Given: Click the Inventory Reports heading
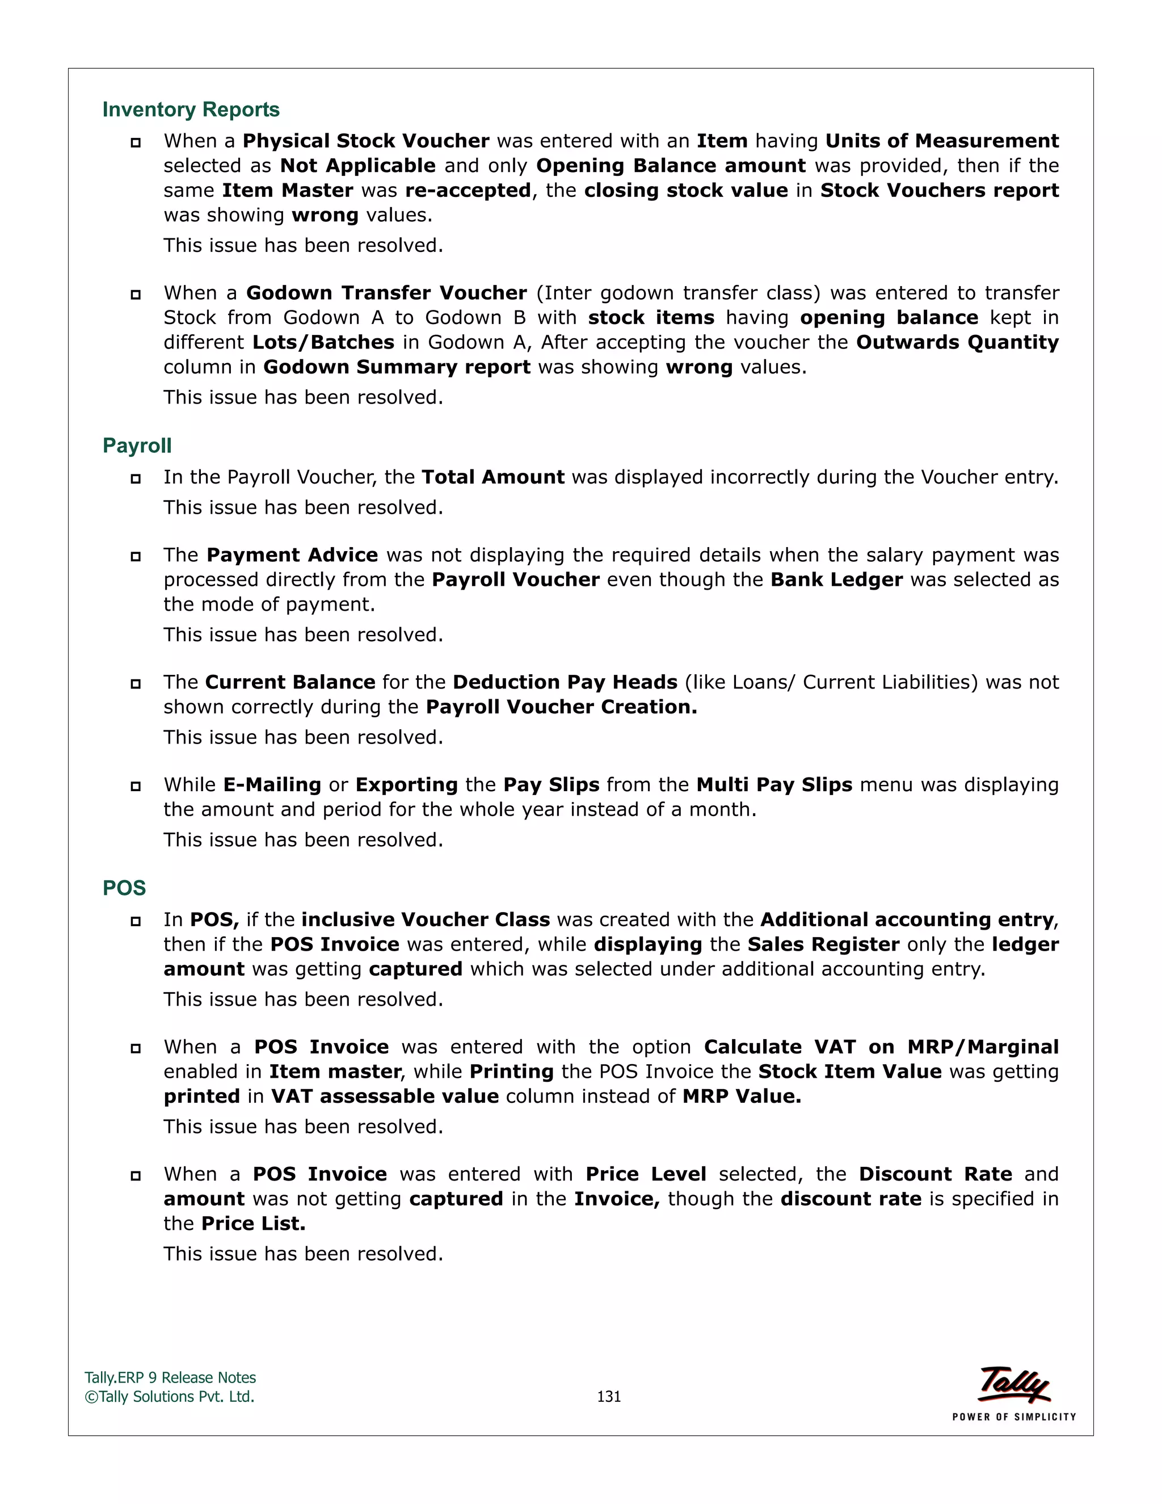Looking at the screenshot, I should coord(191,110).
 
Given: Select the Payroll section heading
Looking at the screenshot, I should coord(137,446).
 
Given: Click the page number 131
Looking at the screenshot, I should coord(609,1397).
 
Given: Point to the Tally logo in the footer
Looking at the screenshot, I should coord(1014,1384).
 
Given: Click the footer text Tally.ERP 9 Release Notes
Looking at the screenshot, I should coord(170,1378).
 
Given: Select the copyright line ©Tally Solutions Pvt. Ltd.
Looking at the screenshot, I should coord(169,1397).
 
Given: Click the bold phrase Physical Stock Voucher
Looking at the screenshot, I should coord(365,141).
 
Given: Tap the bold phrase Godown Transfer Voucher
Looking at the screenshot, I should coord(386,293).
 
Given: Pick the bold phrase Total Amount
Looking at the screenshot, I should coord(493,477).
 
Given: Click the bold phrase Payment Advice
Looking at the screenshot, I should coord(292,555).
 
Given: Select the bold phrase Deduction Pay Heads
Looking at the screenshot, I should coord(565,682).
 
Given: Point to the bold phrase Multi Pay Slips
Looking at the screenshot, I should coord(774,785).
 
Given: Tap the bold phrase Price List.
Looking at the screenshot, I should coord(253,1224).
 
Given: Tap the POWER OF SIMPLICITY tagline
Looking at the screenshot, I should coord(1013,1417).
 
